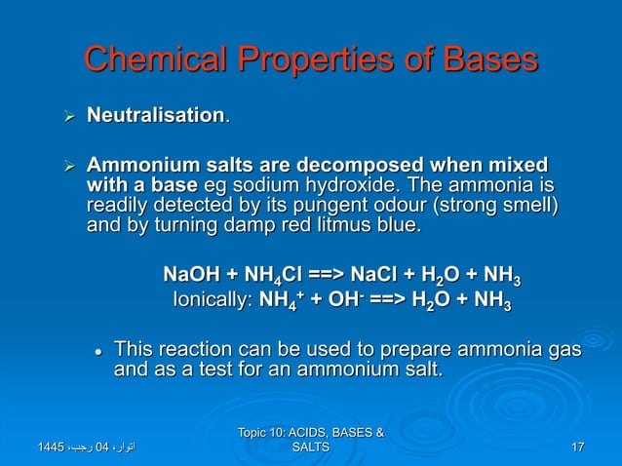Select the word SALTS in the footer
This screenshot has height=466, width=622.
(x=310, y=447)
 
